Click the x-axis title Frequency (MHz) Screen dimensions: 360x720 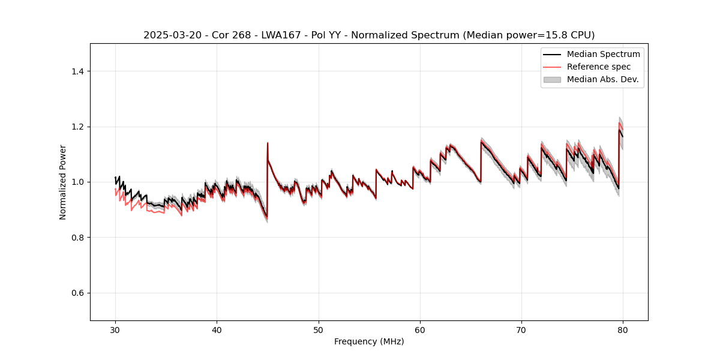[x=369, y=341]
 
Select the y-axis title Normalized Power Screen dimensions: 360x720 [x=63, y=182]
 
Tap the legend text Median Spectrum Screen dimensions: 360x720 [x=603, y=54]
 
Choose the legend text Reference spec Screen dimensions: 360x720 [x=599, y=67]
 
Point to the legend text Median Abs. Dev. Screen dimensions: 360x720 [x=602, y=79]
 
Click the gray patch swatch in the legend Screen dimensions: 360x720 [x=552, y=79]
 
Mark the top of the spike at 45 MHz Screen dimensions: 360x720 [x=268, y=143]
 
